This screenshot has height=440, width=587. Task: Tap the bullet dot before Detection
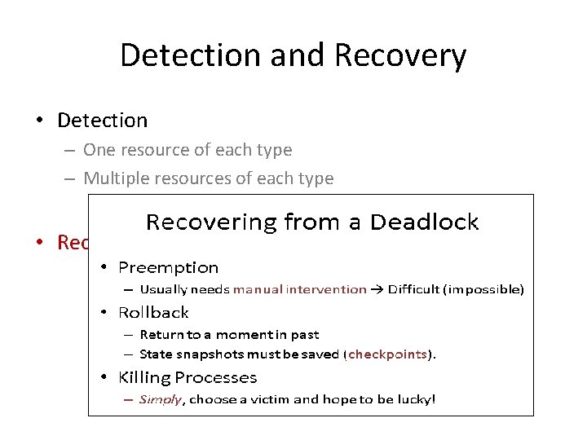(x=39, y=121)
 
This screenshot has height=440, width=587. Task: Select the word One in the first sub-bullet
(x=99, y=150)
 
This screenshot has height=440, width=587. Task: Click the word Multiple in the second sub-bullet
(x=117, y=178)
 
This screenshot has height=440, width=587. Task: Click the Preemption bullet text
(x=168, y=267)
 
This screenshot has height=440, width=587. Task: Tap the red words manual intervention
(x=299, y=289)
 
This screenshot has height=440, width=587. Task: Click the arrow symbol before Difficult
(x=379, y=289)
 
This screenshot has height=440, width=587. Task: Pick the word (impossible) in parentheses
(x=484, y=289)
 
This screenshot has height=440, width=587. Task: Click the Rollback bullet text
(x=153, y=312)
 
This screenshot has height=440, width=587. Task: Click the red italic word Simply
(x=161, y=399)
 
